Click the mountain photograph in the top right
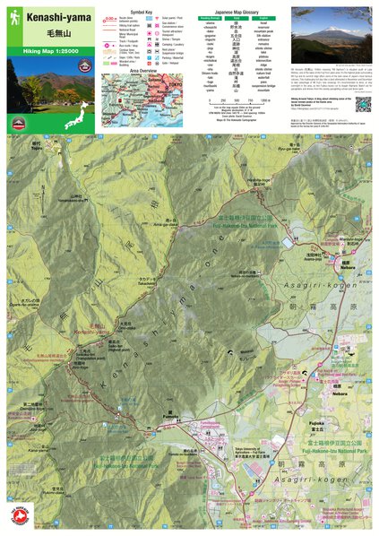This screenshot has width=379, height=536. [331, 36]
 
